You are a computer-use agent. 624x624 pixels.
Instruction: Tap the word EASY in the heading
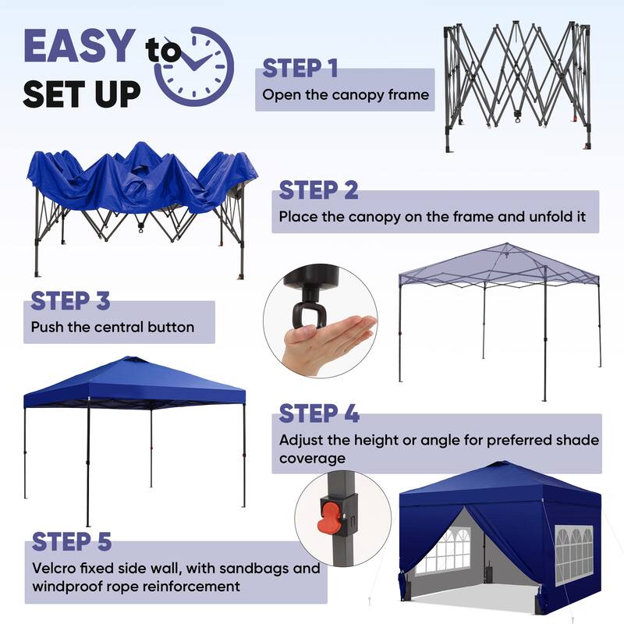click(x=80, y=46)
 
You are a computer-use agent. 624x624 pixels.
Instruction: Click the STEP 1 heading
click(x=300, y=69)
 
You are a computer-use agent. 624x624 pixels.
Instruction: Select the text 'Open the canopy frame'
click(x=346, y=95)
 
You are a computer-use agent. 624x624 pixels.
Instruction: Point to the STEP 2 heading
click(x=318, y=190)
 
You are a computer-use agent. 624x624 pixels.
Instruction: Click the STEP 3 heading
click(x=70, y=300)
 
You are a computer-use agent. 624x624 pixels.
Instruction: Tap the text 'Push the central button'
click(x=112, y=327)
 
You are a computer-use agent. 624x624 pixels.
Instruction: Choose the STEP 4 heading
click(x=318, y=413)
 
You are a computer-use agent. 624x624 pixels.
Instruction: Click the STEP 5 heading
click(x=72, y=541)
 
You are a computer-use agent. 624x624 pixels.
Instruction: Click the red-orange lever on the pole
click(x=331, y=516)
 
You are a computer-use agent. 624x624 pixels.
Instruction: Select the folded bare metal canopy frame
click(x=517, y=84)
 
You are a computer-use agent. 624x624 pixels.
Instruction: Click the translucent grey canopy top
click(x=499, y=265)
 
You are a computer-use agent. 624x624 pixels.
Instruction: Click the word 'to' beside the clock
click(x=163, y=51)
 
